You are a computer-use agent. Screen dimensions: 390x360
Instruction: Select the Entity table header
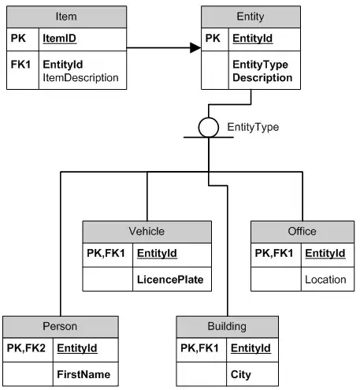pos(250,17)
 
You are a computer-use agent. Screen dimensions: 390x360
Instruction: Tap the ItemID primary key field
pos(59,38)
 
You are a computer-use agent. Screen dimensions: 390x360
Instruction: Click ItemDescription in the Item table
pos(80,77)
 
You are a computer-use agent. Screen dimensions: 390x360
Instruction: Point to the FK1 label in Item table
pos(21,63)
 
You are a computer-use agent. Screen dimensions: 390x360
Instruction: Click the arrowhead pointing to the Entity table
pos(195,48)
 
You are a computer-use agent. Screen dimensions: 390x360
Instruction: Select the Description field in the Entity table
pos(262,78)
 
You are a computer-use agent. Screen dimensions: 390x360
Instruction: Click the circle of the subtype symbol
pos(208,127)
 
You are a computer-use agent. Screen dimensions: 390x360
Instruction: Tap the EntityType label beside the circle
pos(253,126)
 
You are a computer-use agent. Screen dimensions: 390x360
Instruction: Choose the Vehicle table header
pos(147,232)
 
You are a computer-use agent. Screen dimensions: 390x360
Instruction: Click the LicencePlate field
pos(170,280)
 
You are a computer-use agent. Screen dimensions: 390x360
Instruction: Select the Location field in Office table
pos(325,280)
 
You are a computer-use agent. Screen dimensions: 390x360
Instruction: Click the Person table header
pos(61,326)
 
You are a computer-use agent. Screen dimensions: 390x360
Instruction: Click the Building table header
pos(228,326)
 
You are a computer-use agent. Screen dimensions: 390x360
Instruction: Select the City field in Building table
pos(240,374)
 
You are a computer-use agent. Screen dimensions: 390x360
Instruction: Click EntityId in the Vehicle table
pos(157,253)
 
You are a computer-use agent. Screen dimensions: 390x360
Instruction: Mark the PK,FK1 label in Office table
pos(276,253)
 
